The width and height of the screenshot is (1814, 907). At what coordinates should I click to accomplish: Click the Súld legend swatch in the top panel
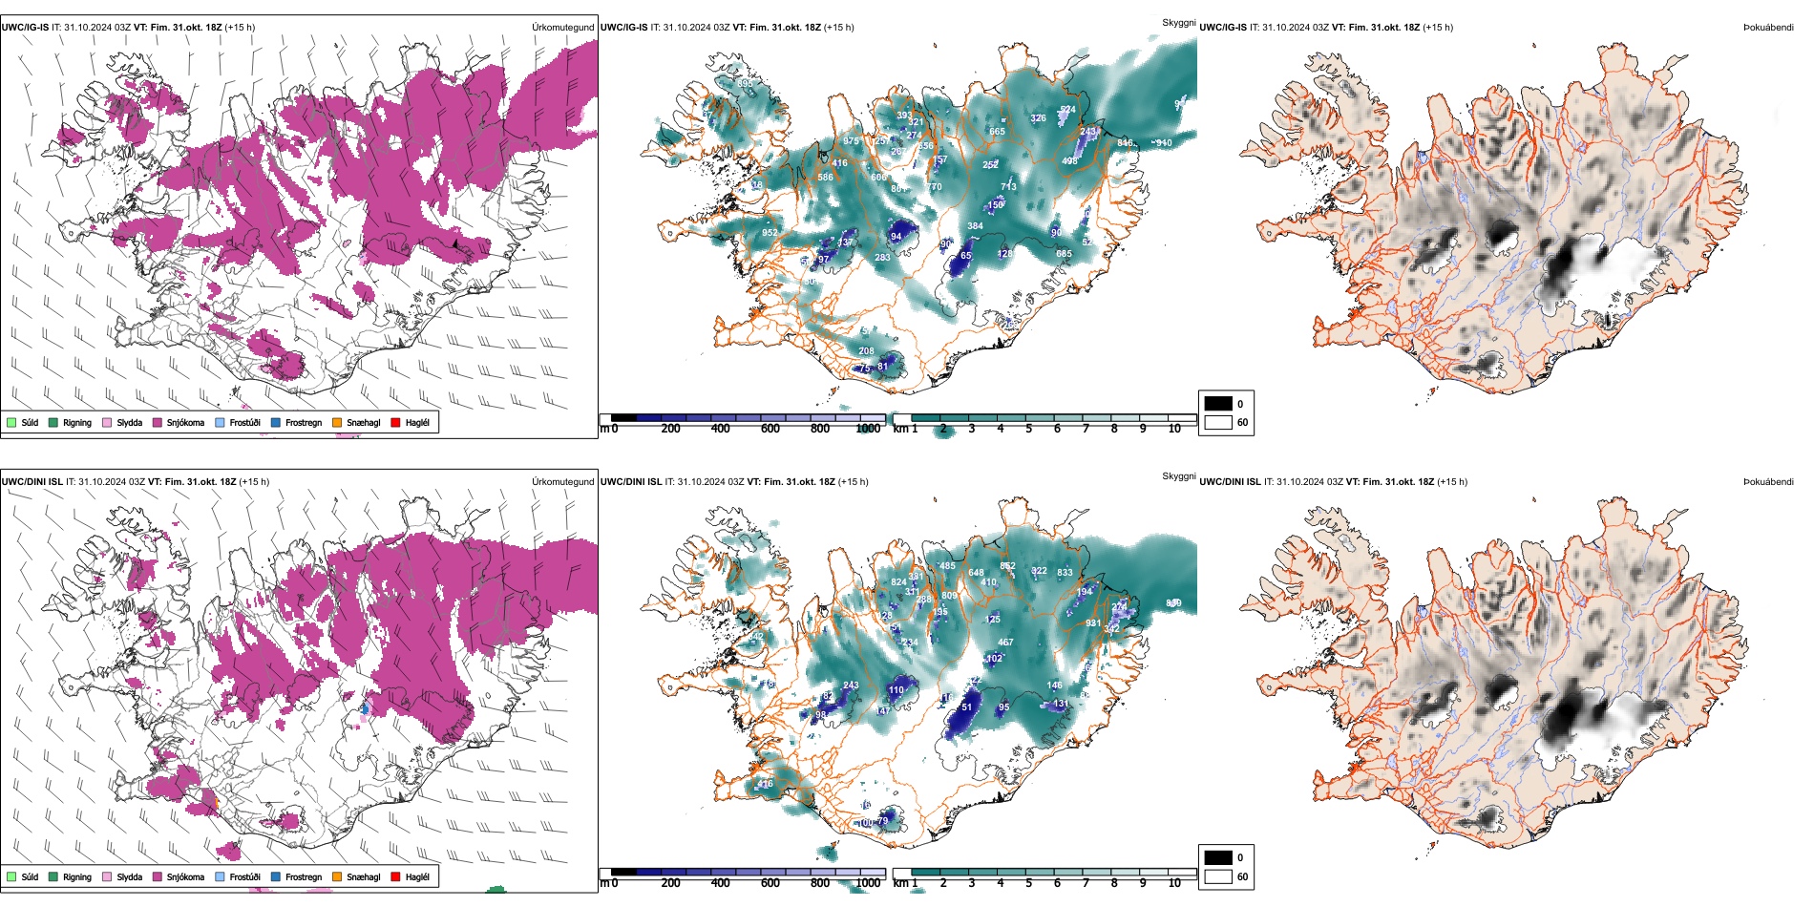point(11,423)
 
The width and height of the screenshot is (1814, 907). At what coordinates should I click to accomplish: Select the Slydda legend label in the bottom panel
point(129,877)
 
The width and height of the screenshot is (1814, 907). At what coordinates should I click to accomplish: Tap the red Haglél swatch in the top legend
point(395,423)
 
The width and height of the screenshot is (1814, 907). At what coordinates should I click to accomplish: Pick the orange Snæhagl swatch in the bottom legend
point(337,877)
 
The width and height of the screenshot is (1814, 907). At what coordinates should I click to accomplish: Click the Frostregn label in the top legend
point(303,423)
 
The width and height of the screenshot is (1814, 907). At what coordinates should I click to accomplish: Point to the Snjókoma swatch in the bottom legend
point(158,877)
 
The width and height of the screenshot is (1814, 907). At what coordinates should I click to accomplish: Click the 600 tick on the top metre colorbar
point(770,429)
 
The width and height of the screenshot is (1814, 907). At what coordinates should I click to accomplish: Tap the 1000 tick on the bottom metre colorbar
point(868,883)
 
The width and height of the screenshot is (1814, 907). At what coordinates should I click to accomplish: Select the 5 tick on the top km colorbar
point(1028,429)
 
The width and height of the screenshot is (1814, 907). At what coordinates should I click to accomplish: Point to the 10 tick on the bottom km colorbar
point(1174,883)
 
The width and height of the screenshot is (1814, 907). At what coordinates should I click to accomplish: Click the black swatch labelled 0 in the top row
point(1218,404)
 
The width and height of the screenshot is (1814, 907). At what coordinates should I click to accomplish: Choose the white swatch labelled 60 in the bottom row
point(1218,876)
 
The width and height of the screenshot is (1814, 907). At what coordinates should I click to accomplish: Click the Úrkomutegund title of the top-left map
point(562,28)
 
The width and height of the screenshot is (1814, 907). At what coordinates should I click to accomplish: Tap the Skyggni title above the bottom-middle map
point(1178,476)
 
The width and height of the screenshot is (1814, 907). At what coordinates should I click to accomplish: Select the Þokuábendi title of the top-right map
point(1768,28)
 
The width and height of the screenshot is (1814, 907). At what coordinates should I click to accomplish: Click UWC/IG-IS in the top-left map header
point(25,28)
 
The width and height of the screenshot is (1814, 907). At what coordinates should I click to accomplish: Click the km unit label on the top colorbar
point(900,429)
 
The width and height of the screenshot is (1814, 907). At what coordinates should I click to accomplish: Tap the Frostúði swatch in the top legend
point(221,423)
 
